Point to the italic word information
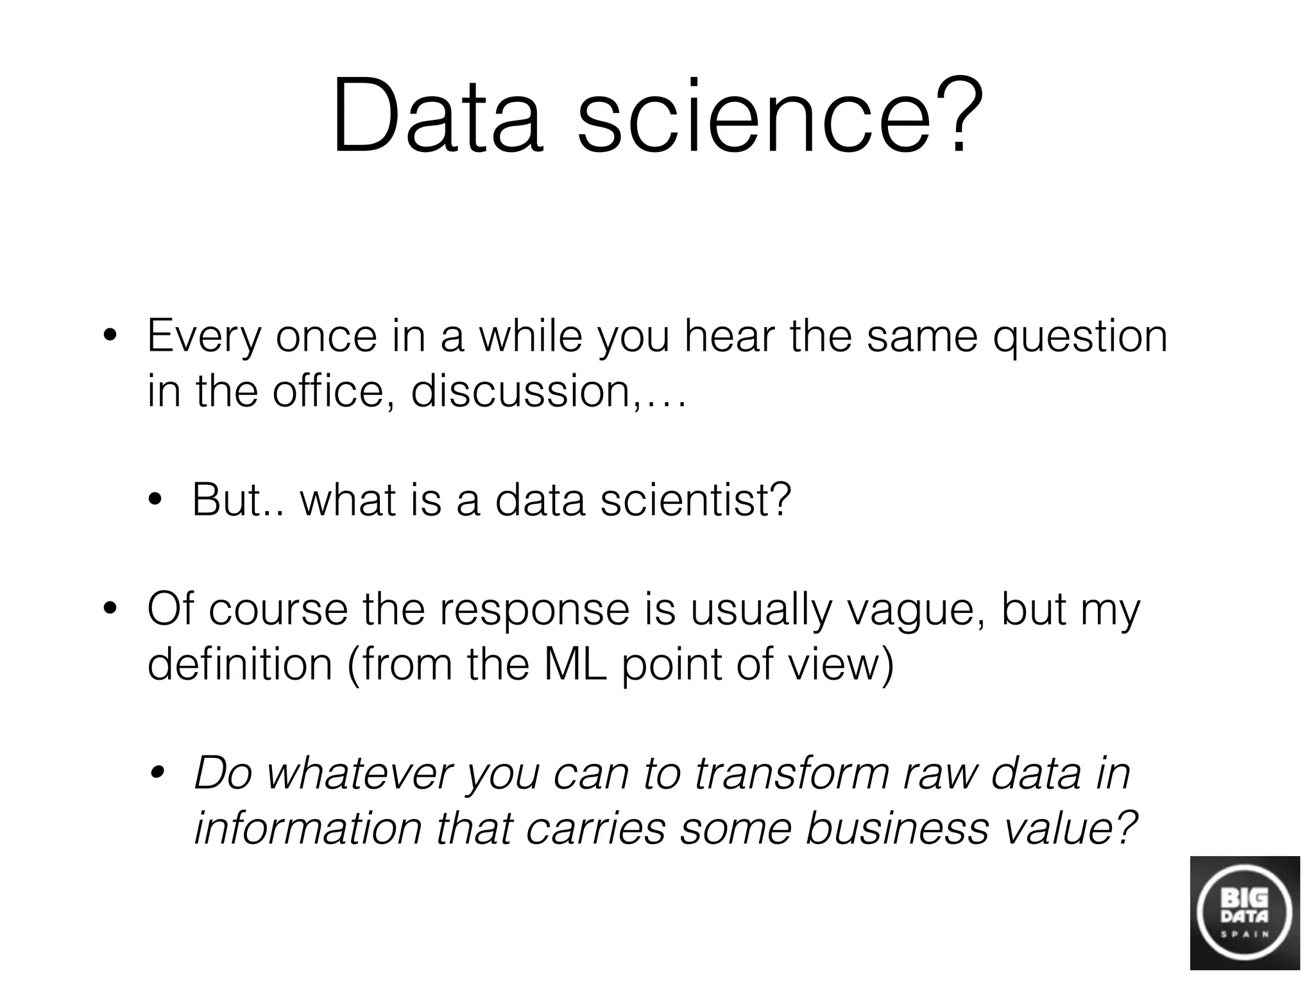(308, 827)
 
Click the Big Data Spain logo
(1245, 913)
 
